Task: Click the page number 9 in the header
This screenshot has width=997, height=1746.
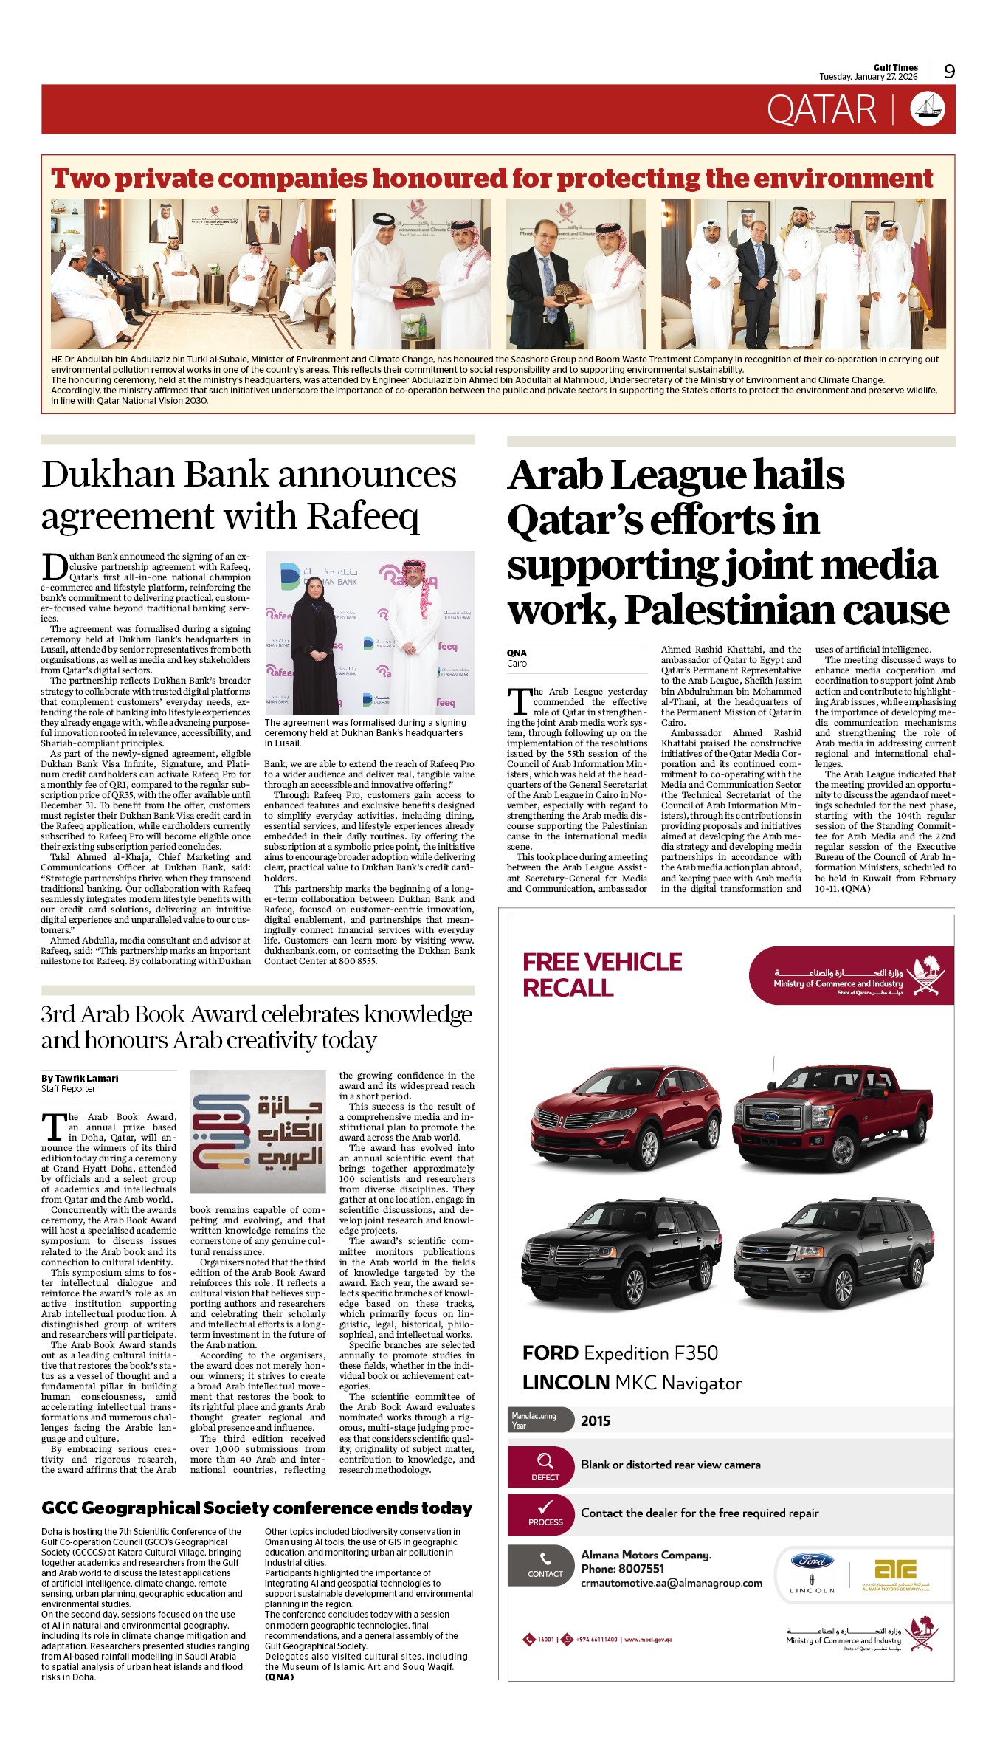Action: coord(949,72)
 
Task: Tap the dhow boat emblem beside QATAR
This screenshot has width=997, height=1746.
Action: coord(927,109)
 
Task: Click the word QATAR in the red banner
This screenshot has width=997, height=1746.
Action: coord(821,110)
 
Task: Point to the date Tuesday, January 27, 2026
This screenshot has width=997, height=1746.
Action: coord(868,77)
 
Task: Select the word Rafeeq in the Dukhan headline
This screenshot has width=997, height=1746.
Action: coord(362,517)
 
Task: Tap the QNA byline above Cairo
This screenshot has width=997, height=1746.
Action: coord(517,653)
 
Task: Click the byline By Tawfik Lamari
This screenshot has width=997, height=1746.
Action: coord(80,1079)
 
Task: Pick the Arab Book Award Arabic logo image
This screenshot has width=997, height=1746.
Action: coord(258,1131)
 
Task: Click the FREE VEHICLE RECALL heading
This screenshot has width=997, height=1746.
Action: coord(602,975)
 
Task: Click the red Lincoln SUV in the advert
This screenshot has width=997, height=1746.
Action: coord(619,1119)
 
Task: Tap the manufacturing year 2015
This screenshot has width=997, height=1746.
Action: coord(595,1421)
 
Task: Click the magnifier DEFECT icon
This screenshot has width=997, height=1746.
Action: coord(545,1465)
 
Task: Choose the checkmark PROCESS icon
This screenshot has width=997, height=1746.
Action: coord(545,1512)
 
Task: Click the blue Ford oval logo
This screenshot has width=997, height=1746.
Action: coord(812,1560)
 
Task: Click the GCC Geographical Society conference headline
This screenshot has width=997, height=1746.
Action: coord(257,1508)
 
